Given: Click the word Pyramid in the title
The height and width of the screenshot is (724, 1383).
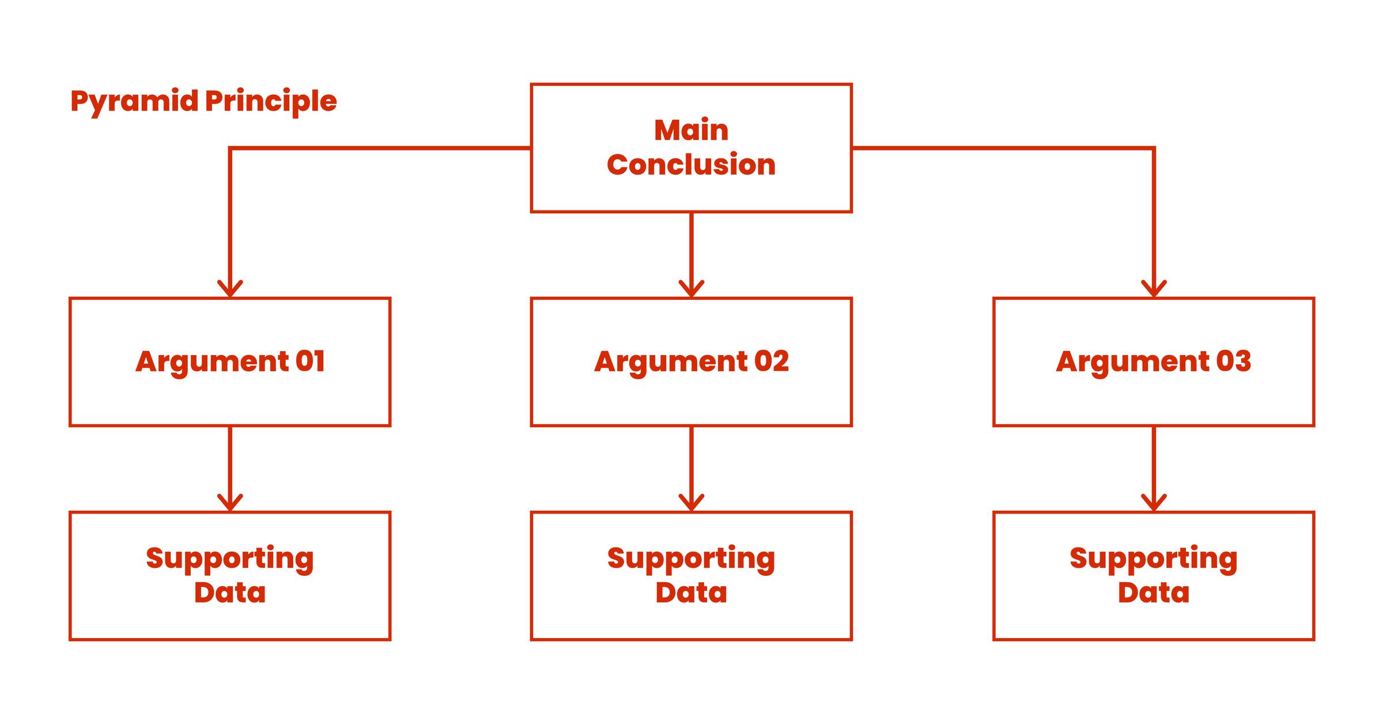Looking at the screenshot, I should [134, 102].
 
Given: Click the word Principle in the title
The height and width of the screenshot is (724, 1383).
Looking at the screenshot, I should [271, 102].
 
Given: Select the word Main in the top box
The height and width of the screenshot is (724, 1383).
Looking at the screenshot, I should [691, 130].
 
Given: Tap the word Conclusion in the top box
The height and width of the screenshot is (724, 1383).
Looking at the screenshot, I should [691, 165].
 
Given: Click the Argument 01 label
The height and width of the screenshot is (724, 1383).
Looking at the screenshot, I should [230, 362].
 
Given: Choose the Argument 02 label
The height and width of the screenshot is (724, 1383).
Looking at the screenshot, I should [691, 362].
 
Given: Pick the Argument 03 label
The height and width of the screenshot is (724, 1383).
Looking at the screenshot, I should [1153, 362].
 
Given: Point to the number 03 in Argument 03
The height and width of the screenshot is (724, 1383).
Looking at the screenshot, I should [1233, 361].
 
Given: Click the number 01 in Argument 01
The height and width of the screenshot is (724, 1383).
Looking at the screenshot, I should [310, 361].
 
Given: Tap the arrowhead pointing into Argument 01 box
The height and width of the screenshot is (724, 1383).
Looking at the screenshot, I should [230, 289].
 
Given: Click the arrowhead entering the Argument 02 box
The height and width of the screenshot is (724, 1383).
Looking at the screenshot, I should [691, 289].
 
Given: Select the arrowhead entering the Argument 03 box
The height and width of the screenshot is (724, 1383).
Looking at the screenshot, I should [1154, 289].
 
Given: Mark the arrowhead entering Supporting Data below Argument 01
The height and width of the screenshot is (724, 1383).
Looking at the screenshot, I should [230, 503].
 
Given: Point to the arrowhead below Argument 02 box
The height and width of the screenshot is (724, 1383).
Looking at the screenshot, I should [691, 503].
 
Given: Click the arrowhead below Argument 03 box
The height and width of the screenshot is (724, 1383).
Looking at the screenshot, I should [1154, 503].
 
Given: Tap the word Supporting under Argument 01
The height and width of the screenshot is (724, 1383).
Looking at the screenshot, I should [230, 559].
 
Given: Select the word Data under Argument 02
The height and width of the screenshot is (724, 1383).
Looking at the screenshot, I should [691, 593].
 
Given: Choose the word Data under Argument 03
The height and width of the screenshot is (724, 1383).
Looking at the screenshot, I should [1153, 593].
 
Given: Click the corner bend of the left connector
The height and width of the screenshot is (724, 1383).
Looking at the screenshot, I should [230, 149].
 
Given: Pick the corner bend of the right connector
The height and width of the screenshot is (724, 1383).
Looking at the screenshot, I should [1154, 149].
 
